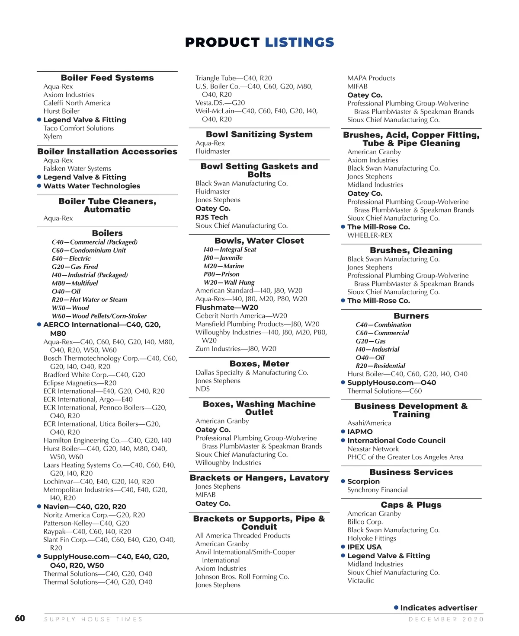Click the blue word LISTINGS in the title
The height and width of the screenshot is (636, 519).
(x=299, y=42)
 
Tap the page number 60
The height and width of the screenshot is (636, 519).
(x=20, y=618)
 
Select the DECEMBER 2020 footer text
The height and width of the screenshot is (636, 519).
(x=446, y=619)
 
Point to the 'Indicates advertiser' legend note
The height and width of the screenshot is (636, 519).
(x=439, y=607)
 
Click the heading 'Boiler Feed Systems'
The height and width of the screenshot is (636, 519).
(x=107, y=78)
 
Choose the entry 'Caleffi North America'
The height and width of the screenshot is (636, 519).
(x=77, y=103)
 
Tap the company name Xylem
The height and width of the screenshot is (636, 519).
(x=53, y=136)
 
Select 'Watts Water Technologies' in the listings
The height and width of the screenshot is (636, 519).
(x=92, y=186)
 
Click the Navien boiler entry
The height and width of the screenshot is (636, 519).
(x=85, y=506)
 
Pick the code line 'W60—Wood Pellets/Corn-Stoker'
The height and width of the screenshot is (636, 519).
(x=99, y=316)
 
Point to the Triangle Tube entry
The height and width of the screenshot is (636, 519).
(x=234, y=78)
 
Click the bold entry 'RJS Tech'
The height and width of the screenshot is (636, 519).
(x=211, y=217)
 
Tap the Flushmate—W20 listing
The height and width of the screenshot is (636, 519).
(x=227, y=307)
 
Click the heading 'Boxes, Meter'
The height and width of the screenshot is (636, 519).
(x=259, y=364)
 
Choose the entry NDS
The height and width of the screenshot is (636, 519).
(x=202, y=389)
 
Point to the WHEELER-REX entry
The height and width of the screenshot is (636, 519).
(x=370, y=235)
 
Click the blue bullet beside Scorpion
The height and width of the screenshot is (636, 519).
(x=343, y=481)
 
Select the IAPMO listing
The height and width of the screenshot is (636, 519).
(x=360, y=431)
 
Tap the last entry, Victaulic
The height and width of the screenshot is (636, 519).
(x=360, y=580)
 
